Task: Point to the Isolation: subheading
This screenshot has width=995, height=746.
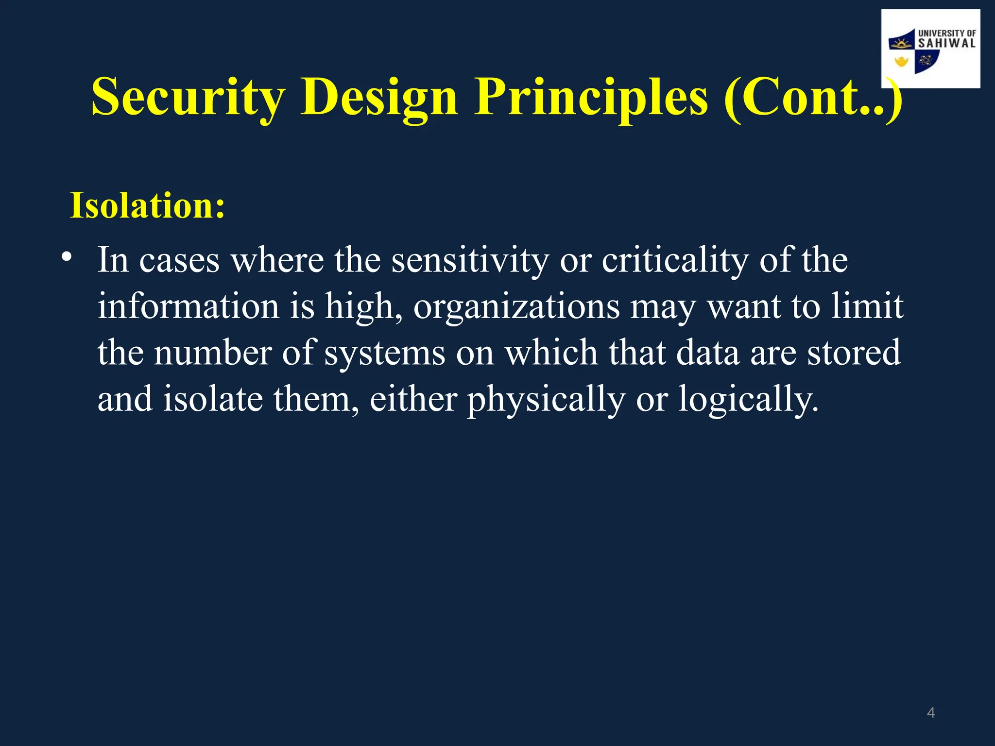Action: tap(148, 205)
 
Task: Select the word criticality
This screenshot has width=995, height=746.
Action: tap(675, 261)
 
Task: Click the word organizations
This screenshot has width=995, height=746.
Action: tap(516, 307)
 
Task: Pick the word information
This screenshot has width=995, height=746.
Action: tap(189, 306)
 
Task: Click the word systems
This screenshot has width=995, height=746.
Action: tap(384, 353)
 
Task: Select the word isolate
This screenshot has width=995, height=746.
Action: tap(213, 399)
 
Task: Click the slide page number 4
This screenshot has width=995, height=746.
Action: tap(930, 713)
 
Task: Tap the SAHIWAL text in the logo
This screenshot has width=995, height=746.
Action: tap(946, 43)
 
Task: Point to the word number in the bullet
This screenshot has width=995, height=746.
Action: tap(212, 352)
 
